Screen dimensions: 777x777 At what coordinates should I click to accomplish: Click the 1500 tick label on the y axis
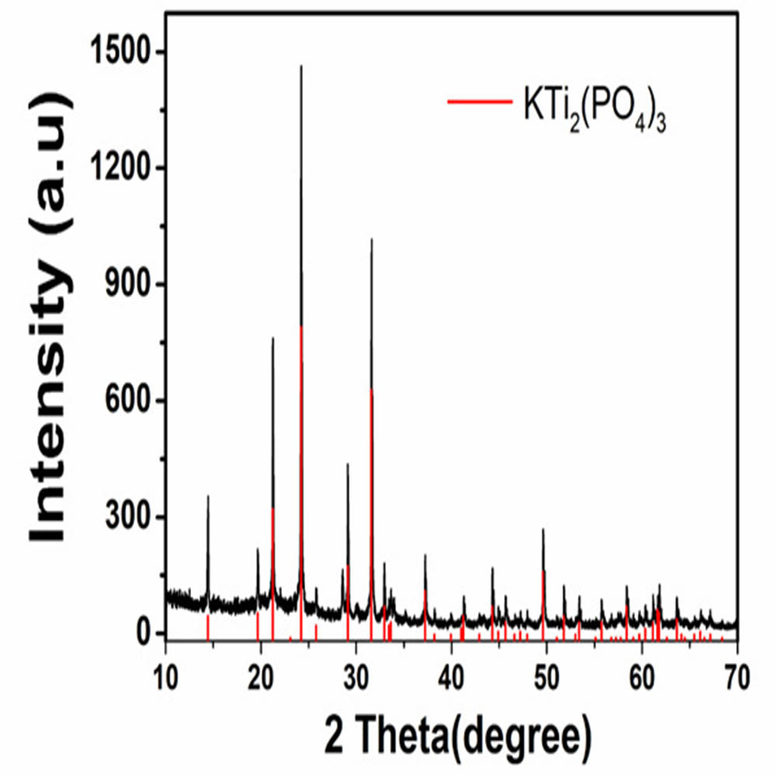pyautogui.click(x=124, y=52)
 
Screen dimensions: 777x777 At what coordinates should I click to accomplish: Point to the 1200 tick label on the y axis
pyautogui.click(x=124, y=169)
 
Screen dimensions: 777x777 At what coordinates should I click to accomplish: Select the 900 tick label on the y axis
pyautogui.click(x=131, y=285)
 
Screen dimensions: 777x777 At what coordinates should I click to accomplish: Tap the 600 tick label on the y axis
pyautogui.click(x=131, y=402)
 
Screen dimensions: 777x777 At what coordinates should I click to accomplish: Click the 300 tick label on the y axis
pyautogui.click(x=131, y=518)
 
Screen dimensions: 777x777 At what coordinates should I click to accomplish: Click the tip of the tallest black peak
pyautogui.click(x=301, y=66)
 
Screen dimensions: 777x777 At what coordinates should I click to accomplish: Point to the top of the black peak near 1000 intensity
pyautogui.click(x=371, y=239)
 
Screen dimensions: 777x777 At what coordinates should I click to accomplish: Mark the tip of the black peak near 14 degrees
pyautogui.click(x=207, y=496)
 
